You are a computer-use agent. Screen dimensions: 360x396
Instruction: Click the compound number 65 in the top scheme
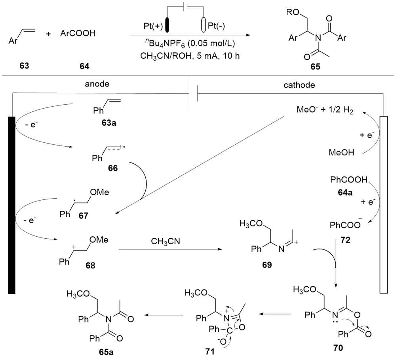pos(316,67)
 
